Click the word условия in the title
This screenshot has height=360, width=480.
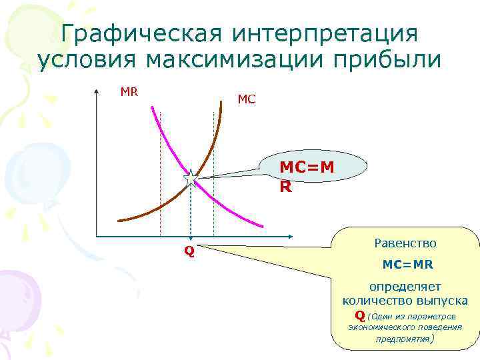(x=87, y=60)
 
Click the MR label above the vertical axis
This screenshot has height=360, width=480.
(x=129, y=92)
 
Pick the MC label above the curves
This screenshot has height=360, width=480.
(x=246, y=100)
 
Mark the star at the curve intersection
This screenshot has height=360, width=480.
(x=191, y=179)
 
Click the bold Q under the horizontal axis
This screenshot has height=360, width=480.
(x=189, y=252)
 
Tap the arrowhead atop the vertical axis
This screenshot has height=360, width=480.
(x=97, y=92)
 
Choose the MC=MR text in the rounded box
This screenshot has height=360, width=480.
(x=407, y=265)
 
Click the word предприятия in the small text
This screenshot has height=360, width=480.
(x=403, y=339)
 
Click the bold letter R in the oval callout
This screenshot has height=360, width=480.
(x=285, y=187)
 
